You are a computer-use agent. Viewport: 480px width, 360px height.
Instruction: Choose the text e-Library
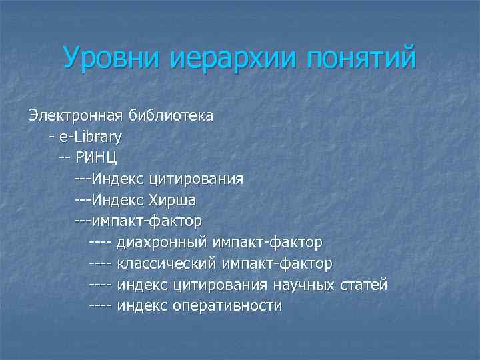click(x=90, y=137)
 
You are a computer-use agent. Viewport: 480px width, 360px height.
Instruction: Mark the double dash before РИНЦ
click(x=64, y=158)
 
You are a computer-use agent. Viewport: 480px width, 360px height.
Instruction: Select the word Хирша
click(x=172, y=200)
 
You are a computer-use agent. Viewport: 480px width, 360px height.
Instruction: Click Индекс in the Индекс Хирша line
click(x=119, y=200)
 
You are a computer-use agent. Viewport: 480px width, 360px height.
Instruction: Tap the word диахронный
click(x=163, y=242)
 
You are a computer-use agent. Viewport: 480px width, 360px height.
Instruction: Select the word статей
click(x=363, y=285)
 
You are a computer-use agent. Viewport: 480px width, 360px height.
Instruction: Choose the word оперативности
click(x=227, y=306)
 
